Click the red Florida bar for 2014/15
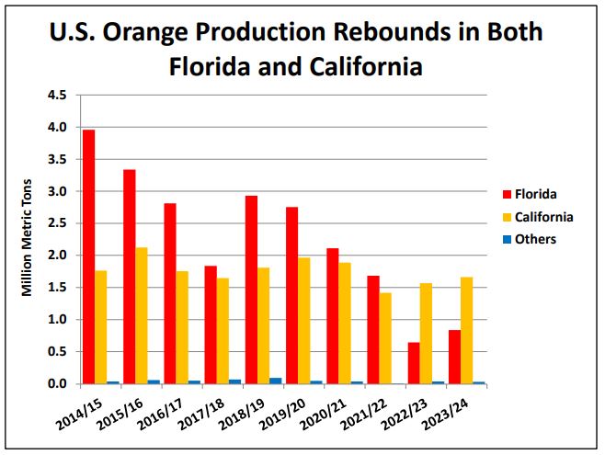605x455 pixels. (88, 256)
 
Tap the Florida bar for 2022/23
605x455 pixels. (414, 362)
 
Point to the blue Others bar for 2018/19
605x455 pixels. (275, 381)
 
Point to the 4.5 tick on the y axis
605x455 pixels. (57, 95)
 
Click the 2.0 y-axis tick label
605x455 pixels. (57, 256)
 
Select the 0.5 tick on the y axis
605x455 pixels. (57, 352)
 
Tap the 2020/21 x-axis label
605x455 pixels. (323, 410)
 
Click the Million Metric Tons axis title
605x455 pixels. (27, 238)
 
